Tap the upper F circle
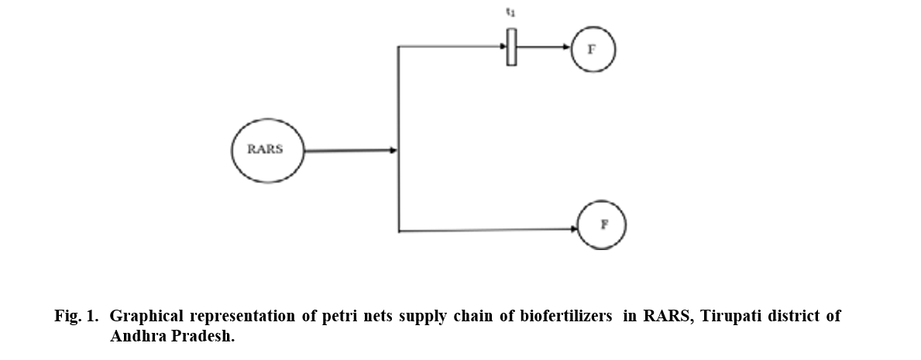pos(593,48)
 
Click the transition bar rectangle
pos(511,47)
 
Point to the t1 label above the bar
pos(510,13)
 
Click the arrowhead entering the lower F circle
pos(576,228)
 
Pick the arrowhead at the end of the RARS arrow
pos(393,150)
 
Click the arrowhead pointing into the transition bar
pos(502,46)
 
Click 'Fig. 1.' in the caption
pos(77,317)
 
